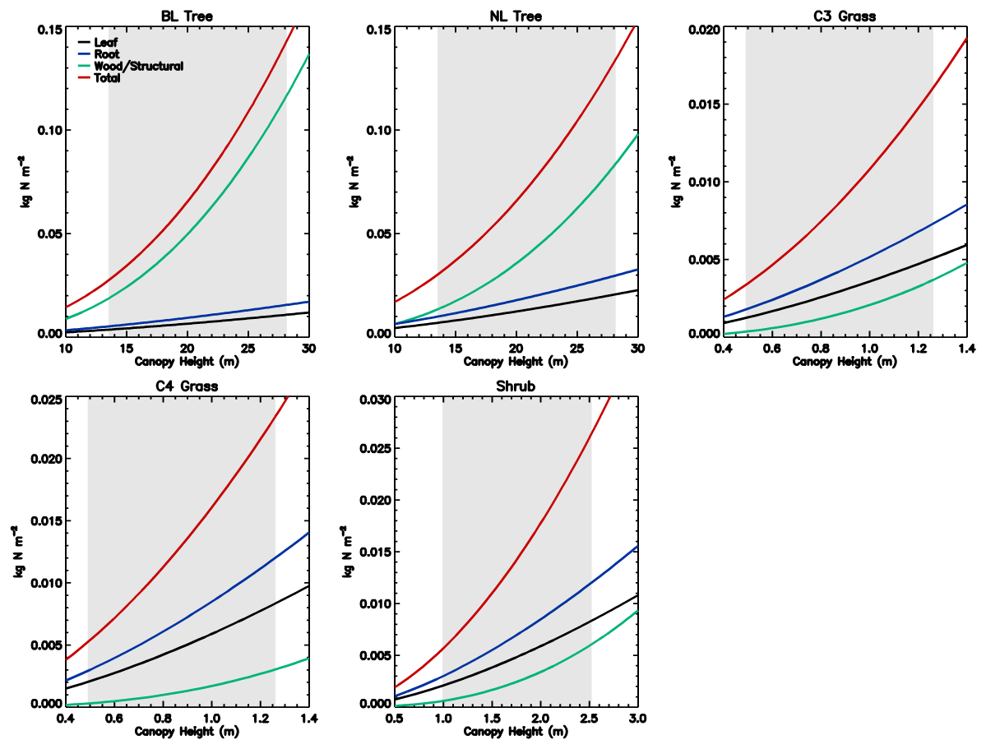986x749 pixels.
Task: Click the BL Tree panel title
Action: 187,16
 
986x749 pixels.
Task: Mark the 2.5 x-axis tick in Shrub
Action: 590,718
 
